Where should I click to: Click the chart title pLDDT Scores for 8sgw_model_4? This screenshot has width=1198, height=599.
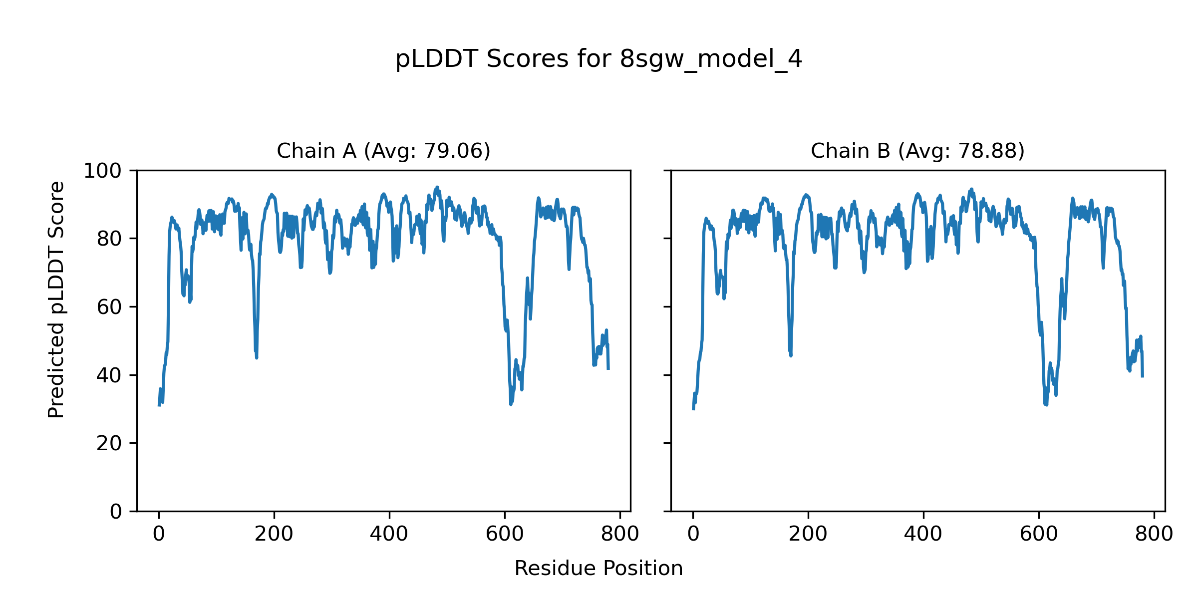click(x=599, y=59)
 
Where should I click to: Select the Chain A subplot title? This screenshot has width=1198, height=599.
click(x=383, y=151)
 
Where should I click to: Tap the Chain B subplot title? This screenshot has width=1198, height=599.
click(x=917, y=151)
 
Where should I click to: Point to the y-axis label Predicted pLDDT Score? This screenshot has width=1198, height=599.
click(x=56, y=299)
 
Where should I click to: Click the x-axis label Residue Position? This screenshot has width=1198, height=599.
click(x=599, y=569)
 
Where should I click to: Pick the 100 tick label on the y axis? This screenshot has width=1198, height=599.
click(x=102, y=171)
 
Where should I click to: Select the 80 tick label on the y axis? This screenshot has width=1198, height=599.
click(x=109, y=239)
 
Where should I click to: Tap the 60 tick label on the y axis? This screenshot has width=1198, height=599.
click(x=109, y=307)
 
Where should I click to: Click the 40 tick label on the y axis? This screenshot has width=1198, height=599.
click(x=109, y=375)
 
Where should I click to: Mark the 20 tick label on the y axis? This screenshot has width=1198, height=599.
click(x=109, y=443)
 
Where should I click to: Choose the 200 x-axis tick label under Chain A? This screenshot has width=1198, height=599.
click(x=274, y=535)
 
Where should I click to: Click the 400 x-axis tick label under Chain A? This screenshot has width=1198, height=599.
click(x=389, y=535)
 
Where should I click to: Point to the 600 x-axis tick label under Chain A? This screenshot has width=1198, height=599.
click(x=505, y=535)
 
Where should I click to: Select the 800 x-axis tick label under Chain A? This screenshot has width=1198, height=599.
click(x=620, y=535)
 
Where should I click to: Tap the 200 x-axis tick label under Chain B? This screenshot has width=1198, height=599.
click(x=808, y=535)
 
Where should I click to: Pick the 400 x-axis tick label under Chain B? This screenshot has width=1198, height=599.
click(x=923, y=535)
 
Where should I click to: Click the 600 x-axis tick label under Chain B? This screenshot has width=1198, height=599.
click(x=1039, y=535)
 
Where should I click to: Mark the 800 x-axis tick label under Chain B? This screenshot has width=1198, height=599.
click(x=1154, y=535)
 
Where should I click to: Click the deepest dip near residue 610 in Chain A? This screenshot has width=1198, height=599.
click(x=510, y=403)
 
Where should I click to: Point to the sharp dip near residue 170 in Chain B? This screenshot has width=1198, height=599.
click(x=791, y=355)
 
